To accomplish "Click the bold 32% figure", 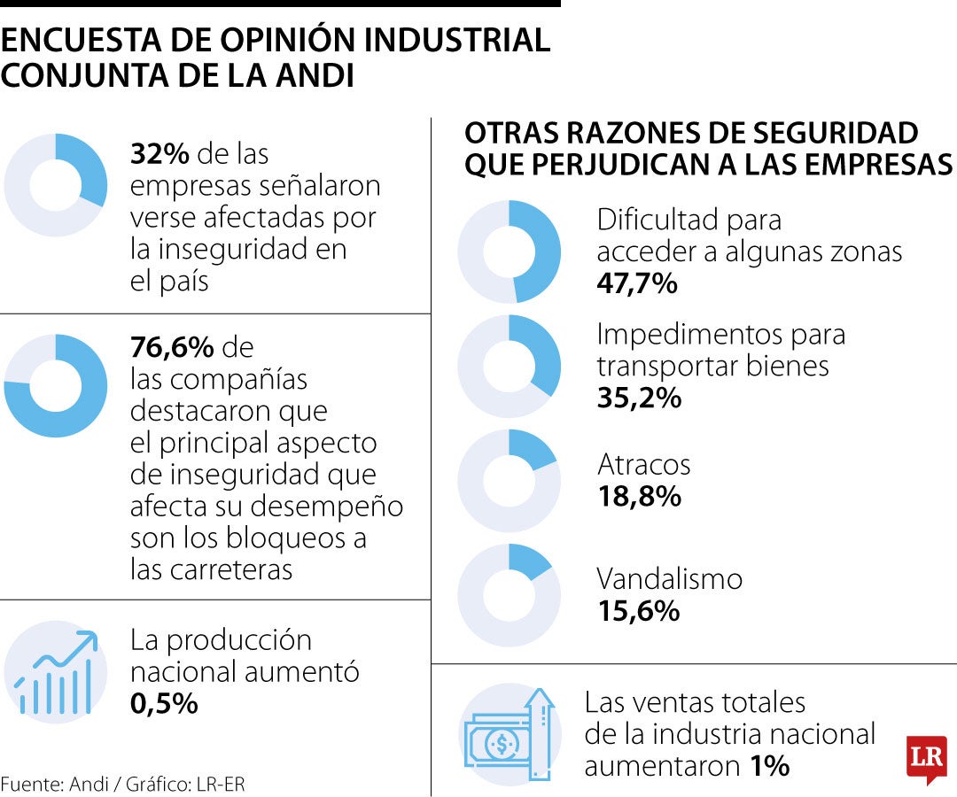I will [x=159, y=154].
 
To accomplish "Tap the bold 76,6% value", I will [x=172, y=346].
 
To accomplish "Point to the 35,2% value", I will [x=639, y=398].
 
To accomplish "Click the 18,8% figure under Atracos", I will [x=639, y=496].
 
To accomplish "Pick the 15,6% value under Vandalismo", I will [x=638, y=610].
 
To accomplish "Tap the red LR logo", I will [x=926, y=758].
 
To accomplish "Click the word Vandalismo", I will [x=669, y=579].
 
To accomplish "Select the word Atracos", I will [x=643, y=464].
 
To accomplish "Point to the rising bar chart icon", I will [x=55, y=673].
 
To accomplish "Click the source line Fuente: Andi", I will [x=123, y=784].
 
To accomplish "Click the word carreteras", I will [x=211, y=569].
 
